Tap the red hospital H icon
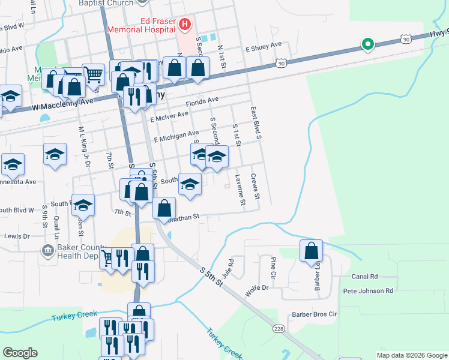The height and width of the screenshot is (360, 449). click(185, 25)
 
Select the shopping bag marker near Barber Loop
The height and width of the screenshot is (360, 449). click(312, 251)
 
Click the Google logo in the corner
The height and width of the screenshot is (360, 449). click(20, 353)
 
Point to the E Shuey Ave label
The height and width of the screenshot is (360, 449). click(263, 45)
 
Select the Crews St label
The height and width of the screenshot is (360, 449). click(255, 186)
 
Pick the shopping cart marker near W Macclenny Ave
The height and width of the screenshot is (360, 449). click(92, 75)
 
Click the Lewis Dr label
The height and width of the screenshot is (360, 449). click(17, 236)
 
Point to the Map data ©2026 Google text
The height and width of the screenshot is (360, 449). click(411, 355)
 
